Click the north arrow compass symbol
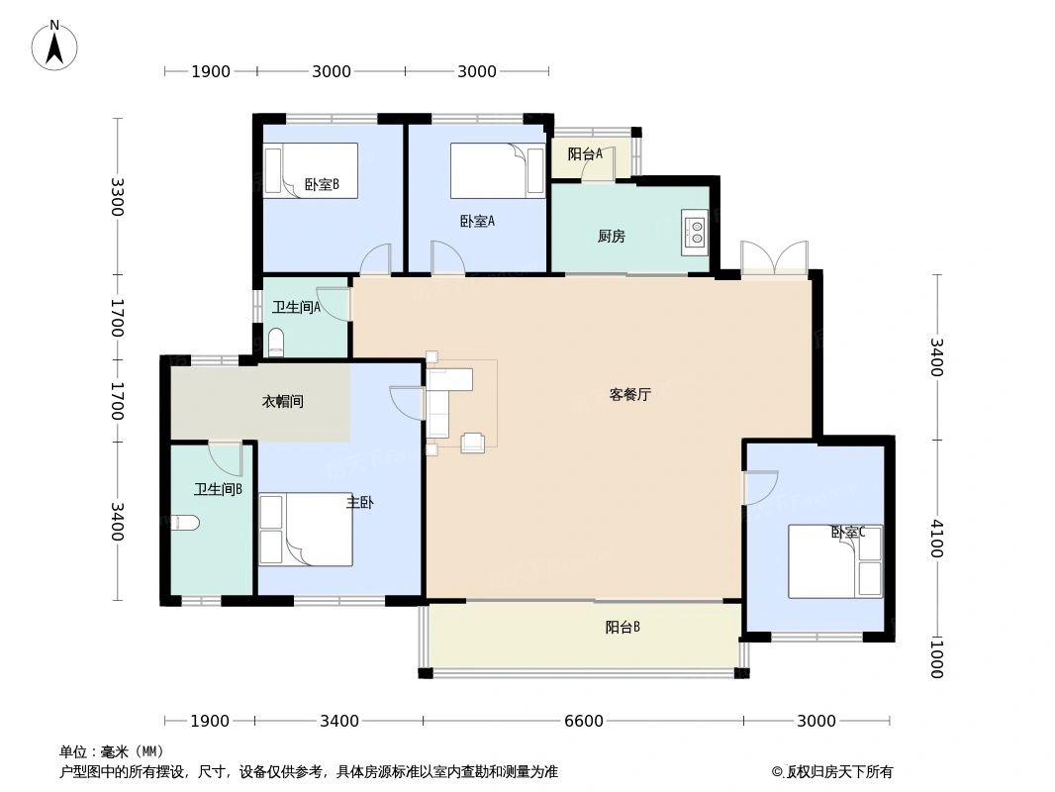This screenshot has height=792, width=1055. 55,45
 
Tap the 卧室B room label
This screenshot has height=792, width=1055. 322,184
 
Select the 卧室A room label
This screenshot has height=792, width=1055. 477,221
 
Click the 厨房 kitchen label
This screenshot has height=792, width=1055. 611,237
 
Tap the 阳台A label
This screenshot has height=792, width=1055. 585,153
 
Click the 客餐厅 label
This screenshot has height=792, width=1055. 629,394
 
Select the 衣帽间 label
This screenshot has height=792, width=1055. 282,401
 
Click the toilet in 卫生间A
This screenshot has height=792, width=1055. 276,343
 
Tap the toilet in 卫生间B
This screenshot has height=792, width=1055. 185,523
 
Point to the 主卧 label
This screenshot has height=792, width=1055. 359,503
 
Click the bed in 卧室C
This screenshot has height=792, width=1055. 834,561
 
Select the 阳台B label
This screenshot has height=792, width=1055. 623,627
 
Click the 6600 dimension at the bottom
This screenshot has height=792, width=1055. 583,721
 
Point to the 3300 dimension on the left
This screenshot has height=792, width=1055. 118,197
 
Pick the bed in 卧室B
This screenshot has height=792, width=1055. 310,170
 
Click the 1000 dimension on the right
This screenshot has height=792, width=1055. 935,658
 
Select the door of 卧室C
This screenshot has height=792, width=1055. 759,489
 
